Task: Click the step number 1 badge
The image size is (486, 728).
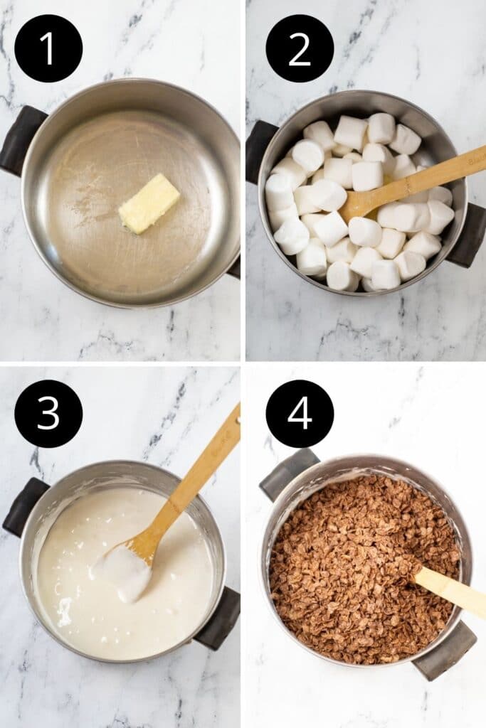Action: coord(48,48)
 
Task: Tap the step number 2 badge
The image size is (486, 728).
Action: coord(300,48)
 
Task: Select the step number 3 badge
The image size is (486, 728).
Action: coord(48,414)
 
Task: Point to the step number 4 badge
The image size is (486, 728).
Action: coord(300,414)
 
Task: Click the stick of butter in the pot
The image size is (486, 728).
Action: coord(149,203)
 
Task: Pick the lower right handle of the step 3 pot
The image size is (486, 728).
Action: coord(219,619)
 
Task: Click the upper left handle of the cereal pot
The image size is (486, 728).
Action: coord(287,473)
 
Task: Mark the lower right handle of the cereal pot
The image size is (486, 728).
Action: coord(444,650)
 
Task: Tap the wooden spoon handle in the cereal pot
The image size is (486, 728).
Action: coord(451,590)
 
